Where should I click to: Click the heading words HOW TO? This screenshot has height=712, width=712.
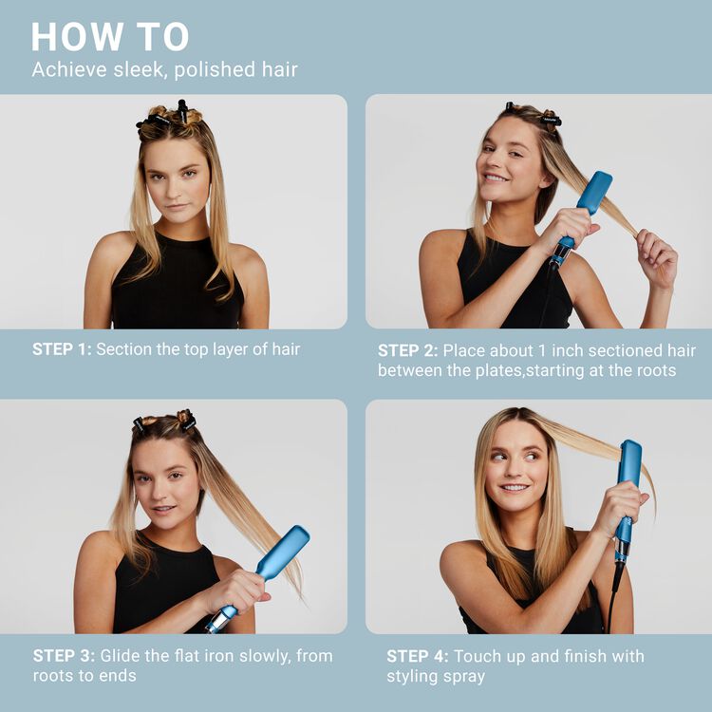pos(110,36)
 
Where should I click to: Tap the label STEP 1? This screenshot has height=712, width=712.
pos(62,349)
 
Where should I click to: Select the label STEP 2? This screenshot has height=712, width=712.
pos(408,350)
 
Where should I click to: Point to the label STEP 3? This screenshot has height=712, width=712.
pos(64,656)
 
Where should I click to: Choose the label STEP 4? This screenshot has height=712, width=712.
pos(418,656)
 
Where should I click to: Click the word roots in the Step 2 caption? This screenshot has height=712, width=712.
pos(656,370)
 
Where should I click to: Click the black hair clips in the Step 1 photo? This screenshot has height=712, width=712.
pos(166,117)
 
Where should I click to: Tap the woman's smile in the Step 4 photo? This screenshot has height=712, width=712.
pos(515,487)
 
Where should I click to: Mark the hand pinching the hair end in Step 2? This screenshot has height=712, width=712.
pos(656,257)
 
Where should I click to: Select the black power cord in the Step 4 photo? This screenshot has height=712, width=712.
pos(613,595)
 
